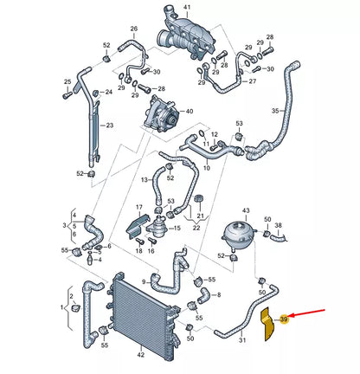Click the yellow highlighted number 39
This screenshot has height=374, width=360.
[x=284, y=319]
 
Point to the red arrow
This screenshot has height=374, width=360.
[x=306, y=313]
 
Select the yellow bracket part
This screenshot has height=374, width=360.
[x=268, y=325]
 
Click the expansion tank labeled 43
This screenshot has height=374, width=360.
[x=239, y=235]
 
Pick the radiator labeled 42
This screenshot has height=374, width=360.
[x=143, y=315]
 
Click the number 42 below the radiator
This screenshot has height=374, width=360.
[x=140, y=355]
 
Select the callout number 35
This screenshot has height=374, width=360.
[x=275, y=111]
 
